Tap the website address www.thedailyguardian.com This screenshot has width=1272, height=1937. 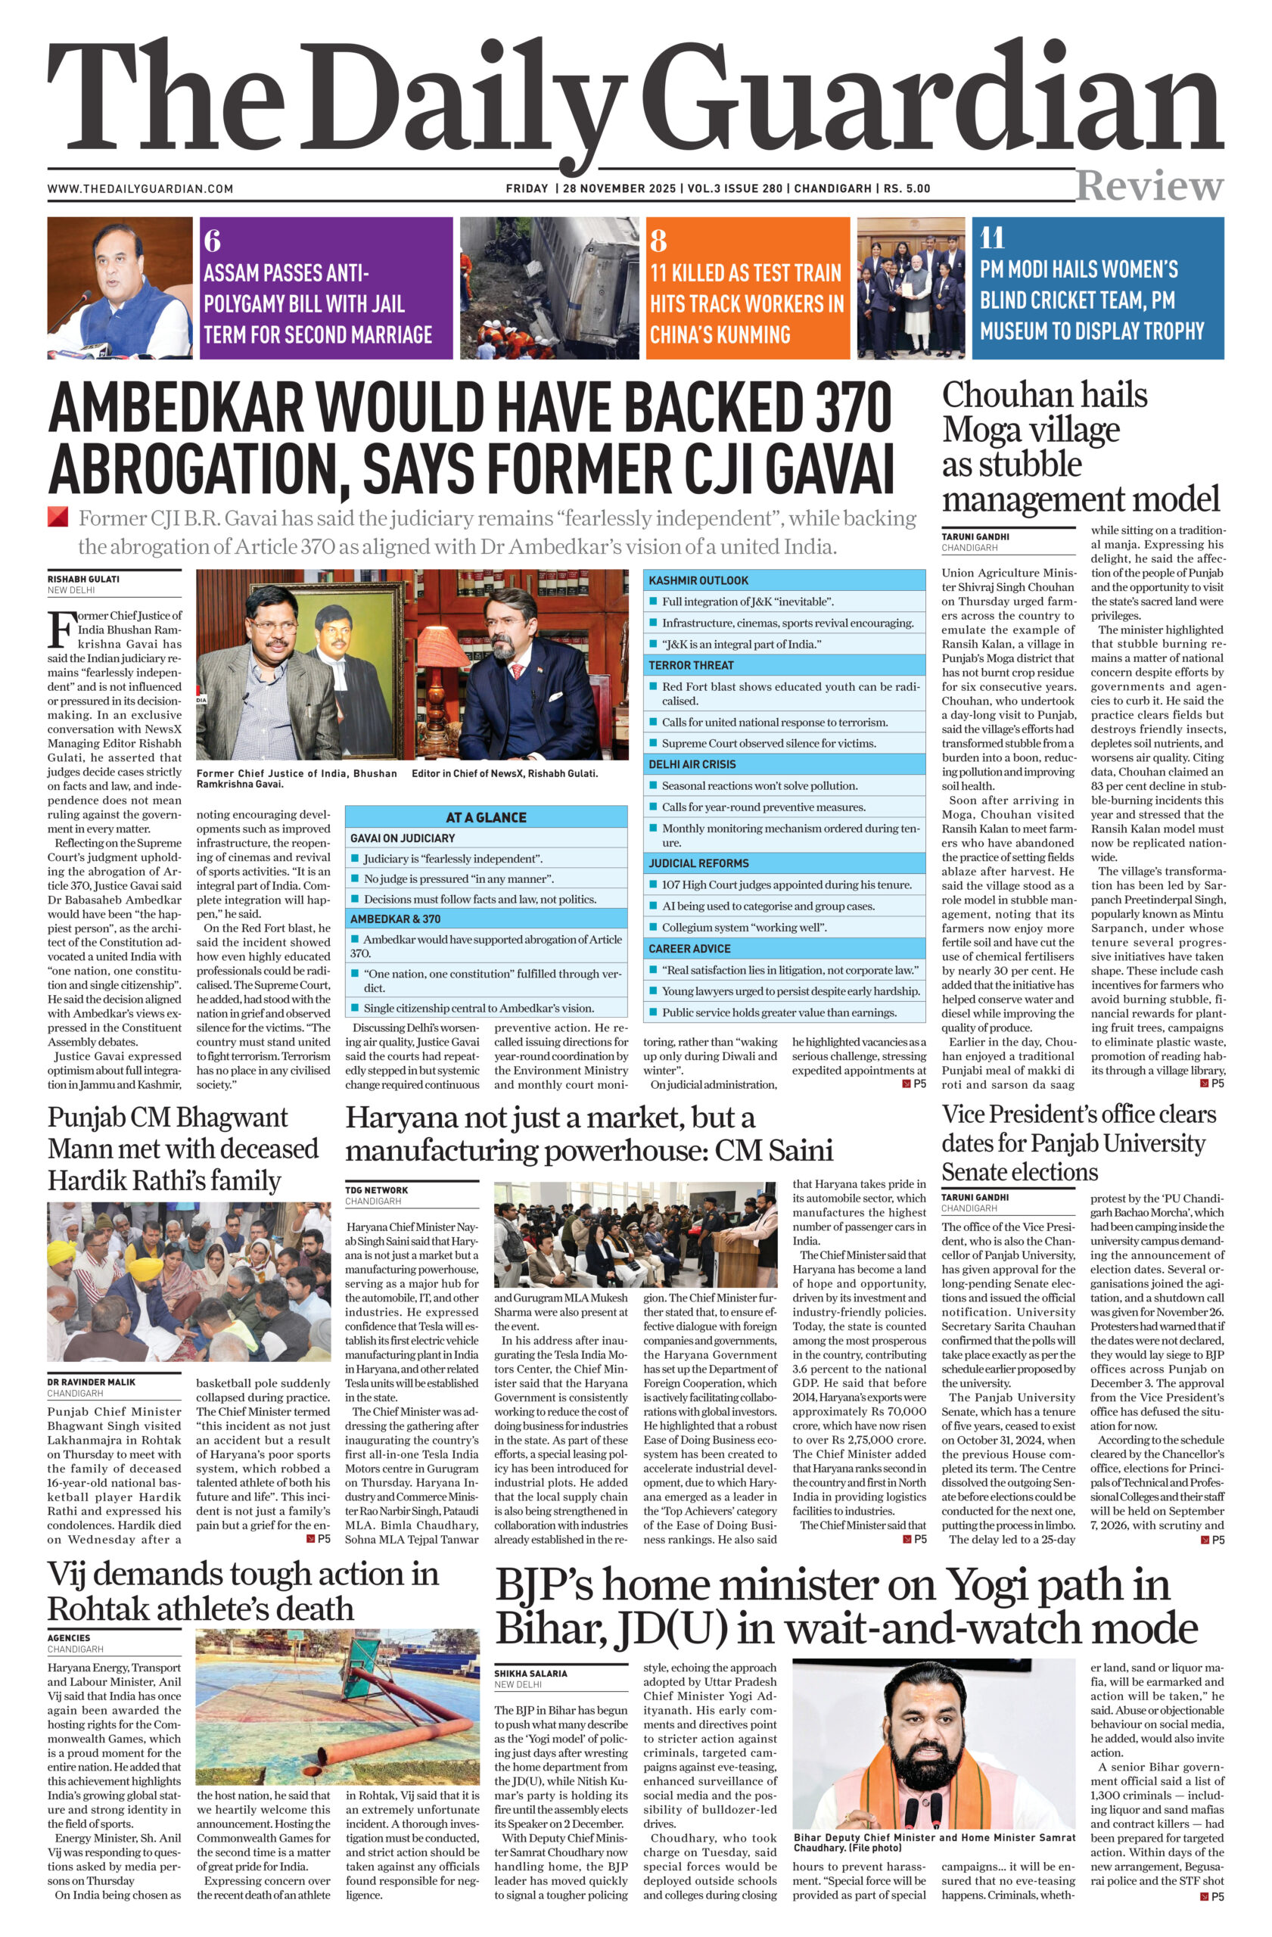coord(140,189)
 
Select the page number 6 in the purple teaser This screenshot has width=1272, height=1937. coord(213,241)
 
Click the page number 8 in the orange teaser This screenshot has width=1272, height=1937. coord(658,241)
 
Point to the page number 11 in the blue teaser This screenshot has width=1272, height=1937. coord(992,238)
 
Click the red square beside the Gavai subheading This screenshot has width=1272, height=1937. coord(58,518)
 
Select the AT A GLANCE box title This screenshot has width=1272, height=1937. coord(486,817)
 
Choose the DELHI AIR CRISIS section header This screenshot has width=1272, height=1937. coord(692,764)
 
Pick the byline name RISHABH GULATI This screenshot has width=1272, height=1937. coord(83,580)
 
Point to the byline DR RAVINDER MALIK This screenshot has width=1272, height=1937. coord(91,1382)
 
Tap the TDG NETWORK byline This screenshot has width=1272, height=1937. coord(376,1190)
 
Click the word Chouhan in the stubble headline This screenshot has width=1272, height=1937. coord(1000,396)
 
